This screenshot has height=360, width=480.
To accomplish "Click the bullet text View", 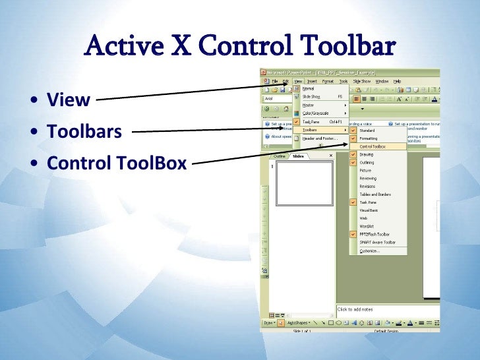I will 68,100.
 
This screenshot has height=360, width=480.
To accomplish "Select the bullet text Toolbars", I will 84,131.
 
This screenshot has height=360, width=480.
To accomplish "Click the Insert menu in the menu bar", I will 312,80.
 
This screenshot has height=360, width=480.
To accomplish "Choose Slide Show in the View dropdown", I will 311,96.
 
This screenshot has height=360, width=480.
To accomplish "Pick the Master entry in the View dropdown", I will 308,105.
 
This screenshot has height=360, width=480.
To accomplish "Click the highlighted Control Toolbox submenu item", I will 373,146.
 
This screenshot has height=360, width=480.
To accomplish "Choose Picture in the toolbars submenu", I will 365,170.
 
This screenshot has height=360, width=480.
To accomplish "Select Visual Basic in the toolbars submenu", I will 369,210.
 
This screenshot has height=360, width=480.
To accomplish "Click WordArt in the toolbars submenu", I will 366,226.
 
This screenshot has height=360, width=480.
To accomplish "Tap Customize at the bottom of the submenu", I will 369,251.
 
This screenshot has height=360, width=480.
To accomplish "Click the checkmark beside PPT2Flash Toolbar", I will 353,234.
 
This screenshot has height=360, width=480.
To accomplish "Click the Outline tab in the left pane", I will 280,156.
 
